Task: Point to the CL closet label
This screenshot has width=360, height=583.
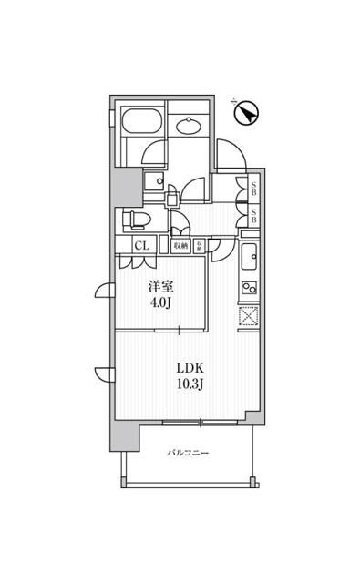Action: [x=142, y=245]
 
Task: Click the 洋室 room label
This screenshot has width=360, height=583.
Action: [x=161, y=283]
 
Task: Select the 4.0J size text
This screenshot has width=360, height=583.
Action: [x=161, y=300]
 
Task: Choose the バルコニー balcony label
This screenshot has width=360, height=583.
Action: [x=189, y=453]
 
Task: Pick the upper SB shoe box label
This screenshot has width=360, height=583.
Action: [x=254, y=190]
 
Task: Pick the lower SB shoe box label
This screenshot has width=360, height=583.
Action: [x=254, y=219]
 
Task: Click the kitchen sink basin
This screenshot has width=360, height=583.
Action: [x=249, y=256]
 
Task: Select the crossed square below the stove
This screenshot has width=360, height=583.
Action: [x=248, y=317]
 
